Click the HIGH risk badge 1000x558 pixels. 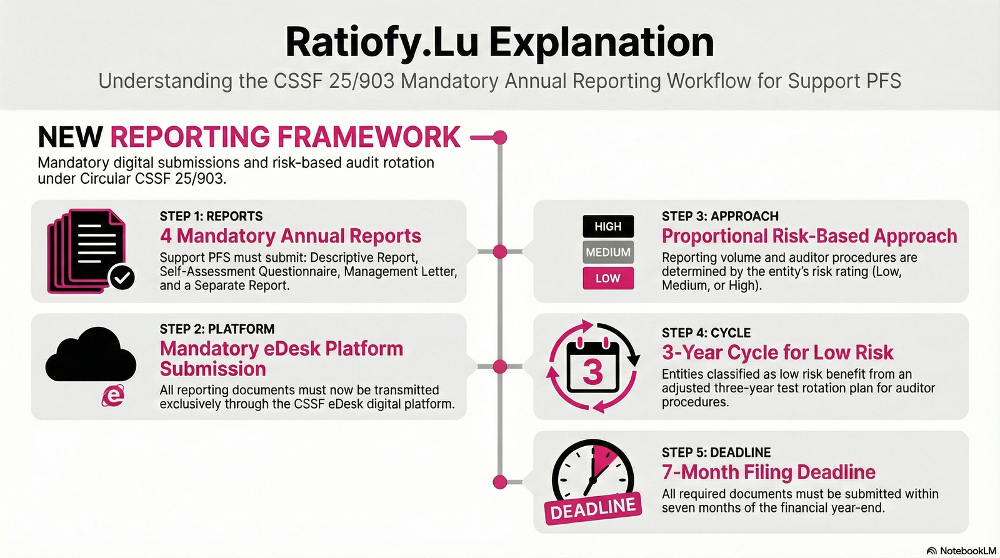pos(608,226)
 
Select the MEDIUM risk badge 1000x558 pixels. pos(608,252)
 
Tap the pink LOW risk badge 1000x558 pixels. pos(608,278)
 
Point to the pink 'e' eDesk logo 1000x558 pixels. pos(113,396)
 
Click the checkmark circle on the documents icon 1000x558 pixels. pos(122,277)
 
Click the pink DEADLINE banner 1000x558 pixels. pos(593,509)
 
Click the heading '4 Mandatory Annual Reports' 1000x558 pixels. pos(290,236)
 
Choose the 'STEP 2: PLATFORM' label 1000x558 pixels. pos(217,329)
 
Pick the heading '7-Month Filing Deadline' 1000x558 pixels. pos(769,472)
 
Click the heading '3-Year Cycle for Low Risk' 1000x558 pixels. pos(777,352)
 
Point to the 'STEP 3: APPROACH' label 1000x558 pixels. pos(720,216)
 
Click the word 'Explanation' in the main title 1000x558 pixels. pos(601,42)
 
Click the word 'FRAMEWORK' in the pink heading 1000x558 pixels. pos(369,137)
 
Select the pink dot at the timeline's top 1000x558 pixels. pos(499,137)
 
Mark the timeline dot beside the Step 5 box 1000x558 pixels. pos(499,482)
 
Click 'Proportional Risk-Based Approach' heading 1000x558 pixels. pos(809,236)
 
